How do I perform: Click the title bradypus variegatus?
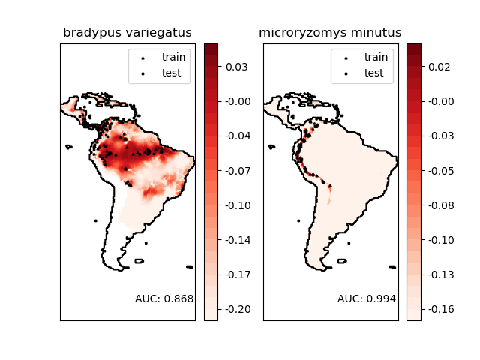[x=127, y=33]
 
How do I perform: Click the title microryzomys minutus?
[x=330, y=33]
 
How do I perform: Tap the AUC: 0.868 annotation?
[x=164, y=298]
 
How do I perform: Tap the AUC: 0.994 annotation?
[x=367, y=298]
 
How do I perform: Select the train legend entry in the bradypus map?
[x=171, y=57]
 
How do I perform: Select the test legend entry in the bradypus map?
[x=170, y=73]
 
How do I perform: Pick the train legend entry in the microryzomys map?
[x=373, y=57]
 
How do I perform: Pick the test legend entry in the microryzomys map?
[x=373, y=73]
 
